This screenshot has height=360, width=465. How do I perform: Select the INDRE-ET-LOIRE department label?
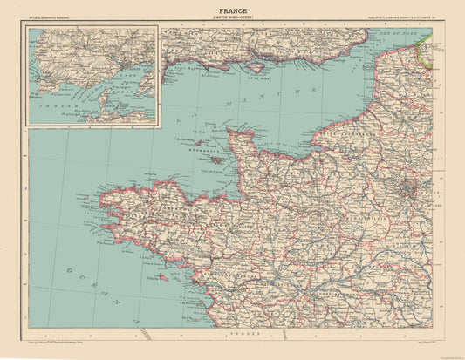click(349, 305)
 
